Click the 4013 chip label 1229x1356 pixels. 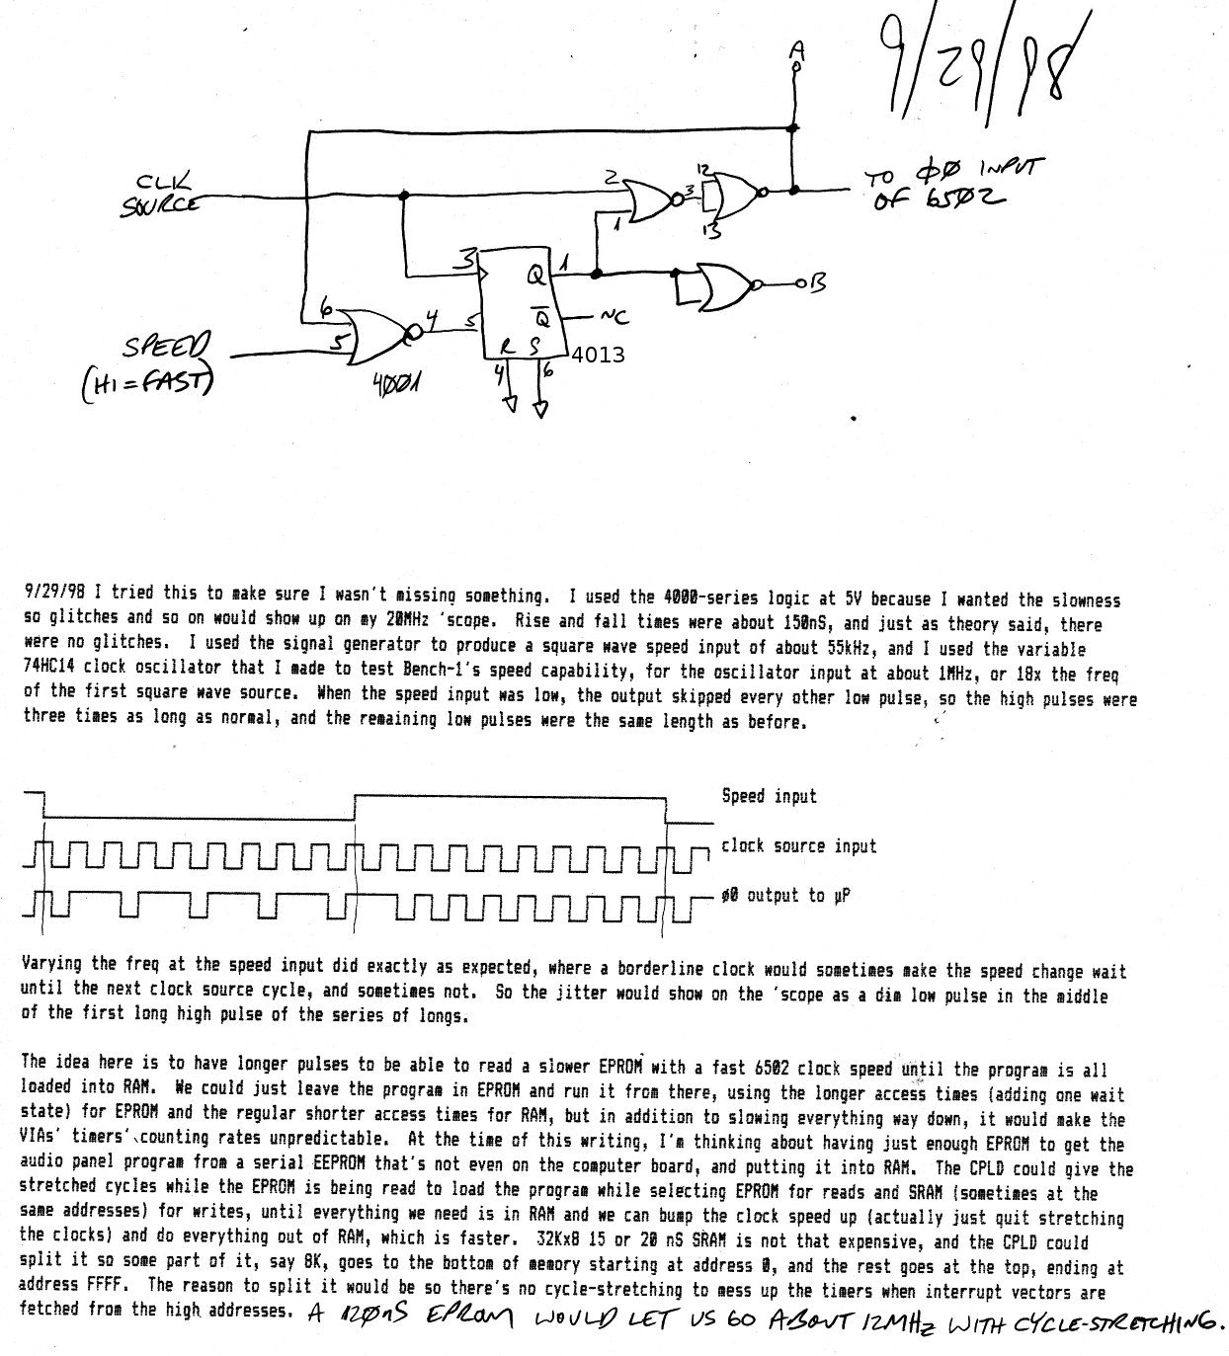598,355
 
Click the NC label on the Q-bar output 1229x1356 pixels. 612,316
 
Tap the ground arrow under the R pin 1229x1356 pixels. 510,402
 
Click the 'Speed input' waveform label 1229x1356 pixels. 769,796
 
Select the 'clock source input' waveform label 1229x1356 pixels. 798,845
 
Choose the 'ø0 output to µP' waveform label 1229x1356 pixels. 786,895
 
